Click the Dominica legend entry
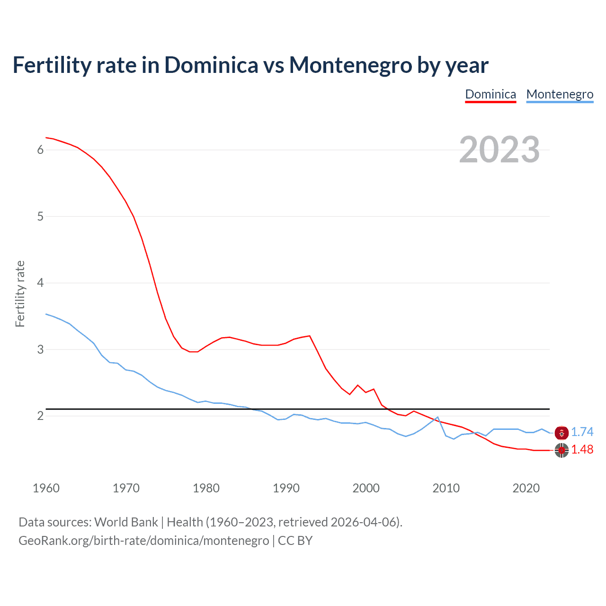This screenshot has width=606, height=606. pyautogui.click(x=490, y=94)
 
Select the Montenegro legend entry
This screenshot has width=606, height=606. pyautogui.click(x=560, y=94)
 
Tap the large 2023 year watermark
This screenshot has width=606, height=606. pyautogui.click(x=499, y=150)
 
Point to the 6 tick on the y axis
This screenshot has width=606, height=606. pyautogui.click(x=40, y=150)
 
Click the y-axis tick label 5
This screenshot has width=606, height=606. pyautogui.click(x=40, y=217)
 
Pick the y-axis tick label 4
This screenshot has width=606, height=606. pyautogui.click(x=40, y=283)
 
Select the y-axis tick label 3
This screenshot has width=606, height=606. pyautogui.click(x=40, y=350)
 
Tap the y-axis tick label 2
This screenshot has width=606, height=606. pyautogui.click(x=40, y=416)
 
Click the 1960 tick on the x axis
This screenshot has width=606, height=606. pyautogui.click(x=46, y=488)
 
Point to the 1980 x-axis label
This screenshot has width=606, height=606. pyautogui.click(x=206, y=488)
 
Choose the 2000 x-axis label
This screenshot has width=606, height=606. pyautogui.click(x=366, y=488)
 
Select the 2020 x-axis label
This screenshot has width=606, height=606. pyautogui.click(x=526, y=488)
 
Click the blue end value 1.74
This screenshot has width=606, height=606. pyautogui.click(x=582, y=432)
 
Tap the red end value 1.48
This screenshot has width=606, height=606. pyautogui.click(x=582, y=450)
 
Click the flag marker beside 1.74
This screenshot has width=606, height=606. pyautogui.click(x=561, y=432)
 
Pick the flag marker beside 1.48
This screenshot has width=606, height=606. pyautogui.click(x=561, y=450)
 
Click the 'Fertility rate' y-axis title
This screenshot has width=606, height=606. pyautogui.click(x=20, y=294)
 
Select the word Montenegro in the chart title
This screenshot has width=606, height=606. pyautogui.click(x=351, y=65)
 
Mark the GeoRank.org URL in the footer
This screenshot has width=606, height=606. pyautogui.click(x=143, y=541)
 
